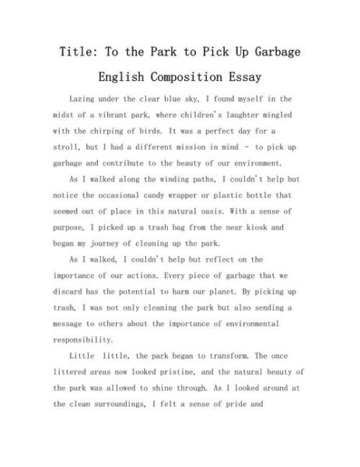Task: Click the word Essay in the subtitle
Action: pos(241,78)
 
